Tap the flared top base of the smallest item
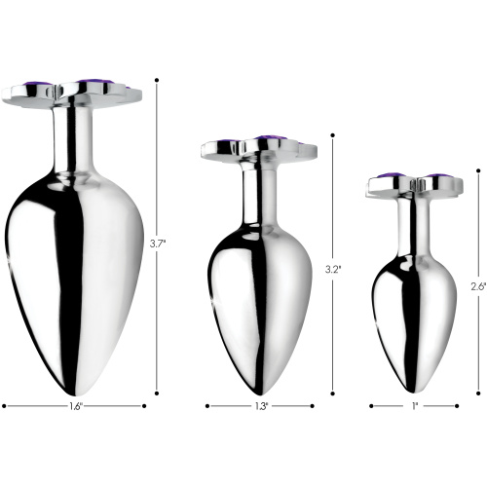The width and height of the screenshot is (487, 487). point(416,185)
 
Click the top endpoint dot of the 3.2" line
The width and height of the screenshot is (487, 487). point(332,135)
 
